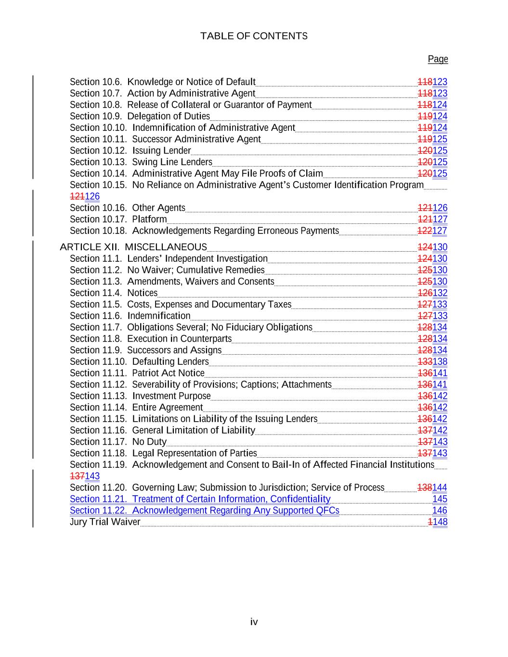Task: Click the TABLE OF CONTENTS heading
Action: coord(254,36)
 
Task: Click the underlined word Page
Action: coord(438,59)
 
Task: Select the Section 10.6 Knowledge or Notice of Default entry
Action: coord(162,82)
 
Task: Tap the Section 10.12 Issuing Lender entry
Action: coord(130,151)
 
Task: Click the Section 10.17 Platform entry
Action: coord(118,219)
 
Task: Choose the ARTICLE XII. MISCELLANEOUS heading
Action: coord(133,247)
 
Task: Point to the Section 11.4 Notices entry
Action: coord(114,293)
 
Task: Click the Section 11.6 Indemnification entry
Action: coord(130,316)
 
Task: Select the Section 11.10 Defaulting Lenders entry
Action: coord(139,361)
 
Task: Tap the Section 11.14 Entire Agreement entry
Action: coord(136,407)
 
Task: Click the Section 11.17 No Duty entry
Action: coord(118,442)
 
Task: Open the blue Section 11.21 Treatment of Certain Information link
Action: coord(200,499)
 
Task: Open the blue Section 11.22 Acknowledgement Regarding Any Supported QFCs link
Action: coord(204,511)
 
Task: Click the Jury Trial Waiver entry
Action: coord(105,522)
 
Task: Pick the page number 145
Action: coord(440,499)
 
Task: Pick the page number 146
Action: coord(440,511)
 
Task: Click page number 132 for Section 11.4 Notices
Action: coord(440,293)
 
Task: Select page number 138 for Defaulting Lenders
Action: coord(440,361)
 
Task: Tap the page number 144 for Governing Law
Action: coord(440,488)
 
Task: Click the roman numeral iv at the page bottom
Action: coord(254,622)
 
